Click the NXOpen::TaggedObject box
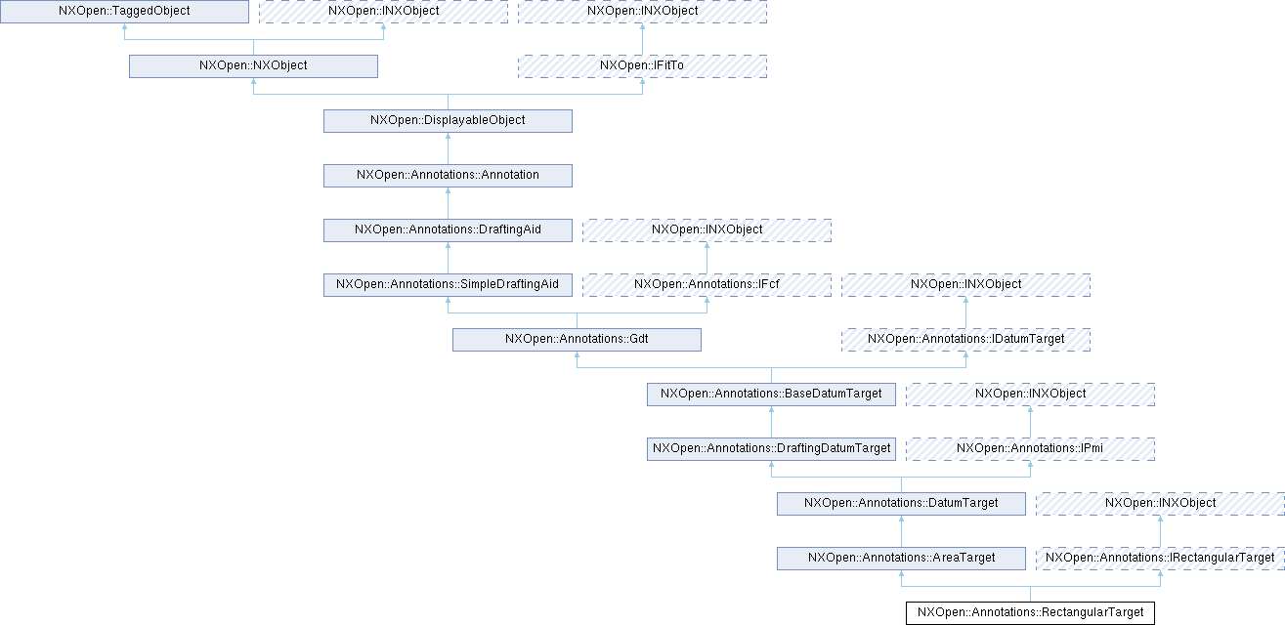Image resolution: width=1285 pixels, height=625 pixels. pos(124,11)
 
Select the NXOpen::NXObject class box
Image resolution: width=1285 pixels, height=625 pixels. pos(253,65)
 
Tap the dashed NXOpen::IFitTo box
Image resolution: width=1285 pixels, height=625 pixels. pos(642,65)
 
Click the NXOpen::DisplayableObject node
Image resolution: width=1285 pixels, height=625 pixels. pos(448,120)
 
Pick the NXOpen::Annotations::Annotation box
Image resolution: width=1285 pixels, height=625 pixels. pos(448,175)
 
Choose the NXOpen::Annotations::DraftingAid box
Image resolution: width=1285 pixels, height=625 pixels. pos(448,229)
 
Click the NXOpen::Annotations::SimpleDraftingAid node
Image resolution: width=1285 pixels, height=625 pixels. pos(448,284)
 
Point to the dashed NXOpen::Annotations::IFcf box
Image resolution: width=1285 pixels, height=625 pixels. pos(707,284)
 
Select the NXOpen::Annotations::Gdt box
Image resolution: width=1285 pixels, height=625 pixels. pos(577,339)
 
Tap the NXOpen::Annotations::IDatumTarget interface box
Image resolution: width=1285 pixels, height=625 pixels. pos(965,339)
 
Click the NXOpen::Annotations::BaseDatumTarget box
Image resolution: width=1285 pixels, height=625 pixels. pos(771,394)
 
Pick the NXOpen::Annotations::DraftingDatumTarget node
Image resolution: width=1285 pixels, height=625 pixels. pos(771,448)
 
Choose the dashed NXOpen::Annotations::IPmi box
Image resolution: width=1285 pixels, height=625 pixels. pos(1030,448)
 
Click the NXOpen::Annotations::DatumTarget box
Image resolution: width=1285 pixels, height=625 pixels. pos(901,503)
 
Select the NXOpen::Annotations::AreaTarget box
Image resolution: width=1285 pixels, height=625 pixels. pos(901,558)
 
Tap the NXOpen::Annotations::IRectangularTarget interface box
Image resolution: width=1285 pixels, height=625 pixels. pos(1160,558)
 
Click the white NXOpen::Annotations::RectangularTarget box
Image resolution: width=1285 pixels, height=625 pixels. pos(1030,612)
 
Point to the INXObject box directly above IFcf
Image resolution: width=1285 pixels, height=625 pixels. pos(707,229)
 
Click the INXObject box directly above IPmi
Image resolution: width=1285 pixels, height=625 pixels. pos(1030,394)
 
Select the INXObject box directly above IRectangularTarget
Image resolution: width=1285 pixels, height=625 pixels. pos(1160,503)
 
